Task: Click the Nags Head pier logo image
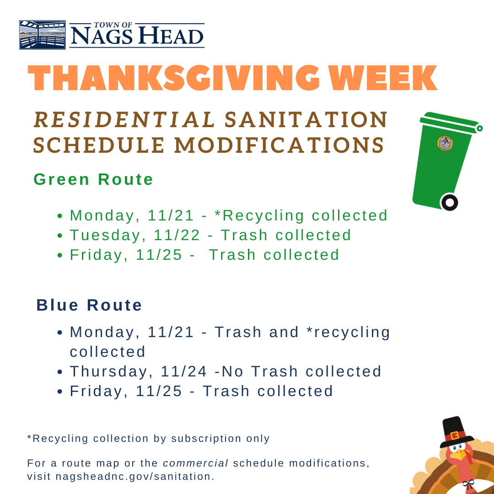pos(43,35)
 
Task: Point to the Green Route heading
pos(93,179)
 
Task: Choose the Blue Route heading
pos(89,305)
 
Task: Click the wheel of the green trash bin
pos(449,202)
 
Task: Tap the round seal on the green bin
pos(444,143)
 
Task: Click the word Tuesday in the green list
pos(106,235)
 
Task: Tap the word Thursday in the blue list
pos(111,371)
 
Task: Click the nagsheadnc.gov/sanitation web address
pos(135,476)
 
